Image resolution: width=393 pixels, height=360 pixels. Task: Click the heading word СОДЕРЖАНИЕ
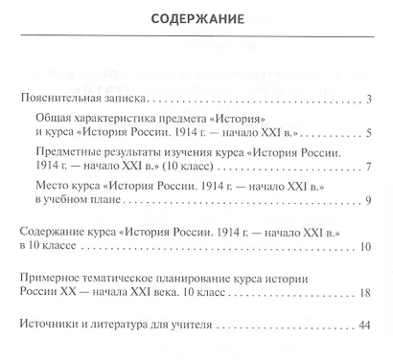196,18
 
